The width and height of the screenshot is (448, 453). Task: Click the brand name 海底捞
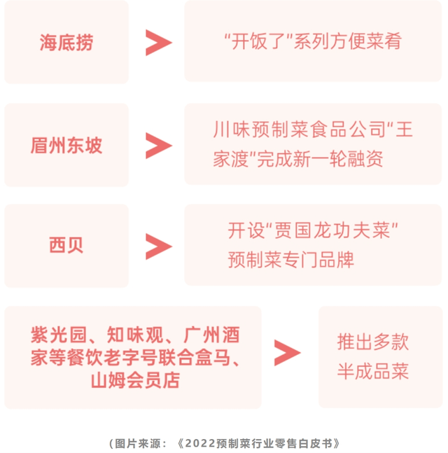tap(66, 43)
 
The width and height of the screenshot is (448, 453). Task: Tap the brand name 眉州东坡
tap(66, 146)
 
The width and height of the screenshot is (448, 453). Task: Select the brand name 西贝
tap(66, 246)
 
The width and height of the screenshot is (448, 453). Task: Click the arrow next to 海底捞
tap(158, 43)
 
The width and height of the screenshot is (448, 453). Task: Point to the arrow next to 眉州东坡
tap(158, 146)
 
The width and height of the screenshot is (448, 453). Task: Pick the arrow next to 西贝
tap(158, 246)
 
